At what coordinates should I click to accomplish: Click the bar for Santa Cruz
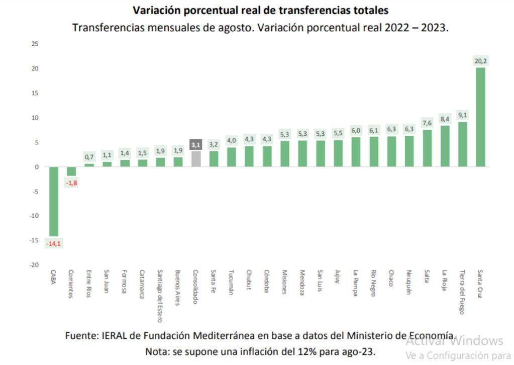480,117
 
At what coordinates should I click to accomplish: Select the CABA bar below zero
53,201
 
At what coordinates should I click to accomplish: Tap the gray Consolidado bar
196,159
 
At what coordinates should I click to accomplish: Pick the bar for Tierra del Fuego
463,144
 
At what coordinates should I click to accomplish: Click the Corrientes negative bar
71,171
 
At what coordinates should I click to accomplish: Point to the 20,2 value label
480,61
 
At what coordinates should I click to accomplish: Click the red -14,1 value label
53,244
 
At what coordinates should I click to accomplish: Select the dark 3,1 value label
196,145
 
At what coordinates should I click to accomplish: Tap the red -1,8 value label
71,183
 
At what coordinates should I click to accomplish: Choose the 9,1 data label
463,115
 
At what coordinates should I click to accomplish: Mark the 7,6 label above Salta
427,123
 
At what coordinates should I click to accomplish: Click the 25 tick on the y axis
35,44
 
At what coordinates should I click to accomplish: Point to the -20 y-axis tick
34,265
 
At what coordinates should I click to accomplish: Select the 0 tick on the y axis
36,167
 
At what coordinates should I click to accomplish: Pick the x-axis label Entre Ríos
89,285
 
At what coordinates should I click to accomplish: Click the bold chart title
260,10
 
